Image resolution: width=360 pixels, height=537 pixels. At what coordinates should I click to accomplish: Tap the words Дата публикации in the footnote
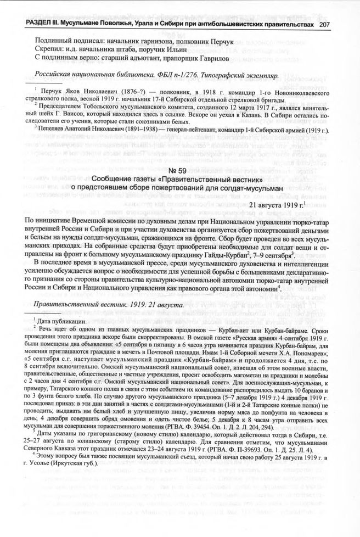(x=62, y=320)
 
